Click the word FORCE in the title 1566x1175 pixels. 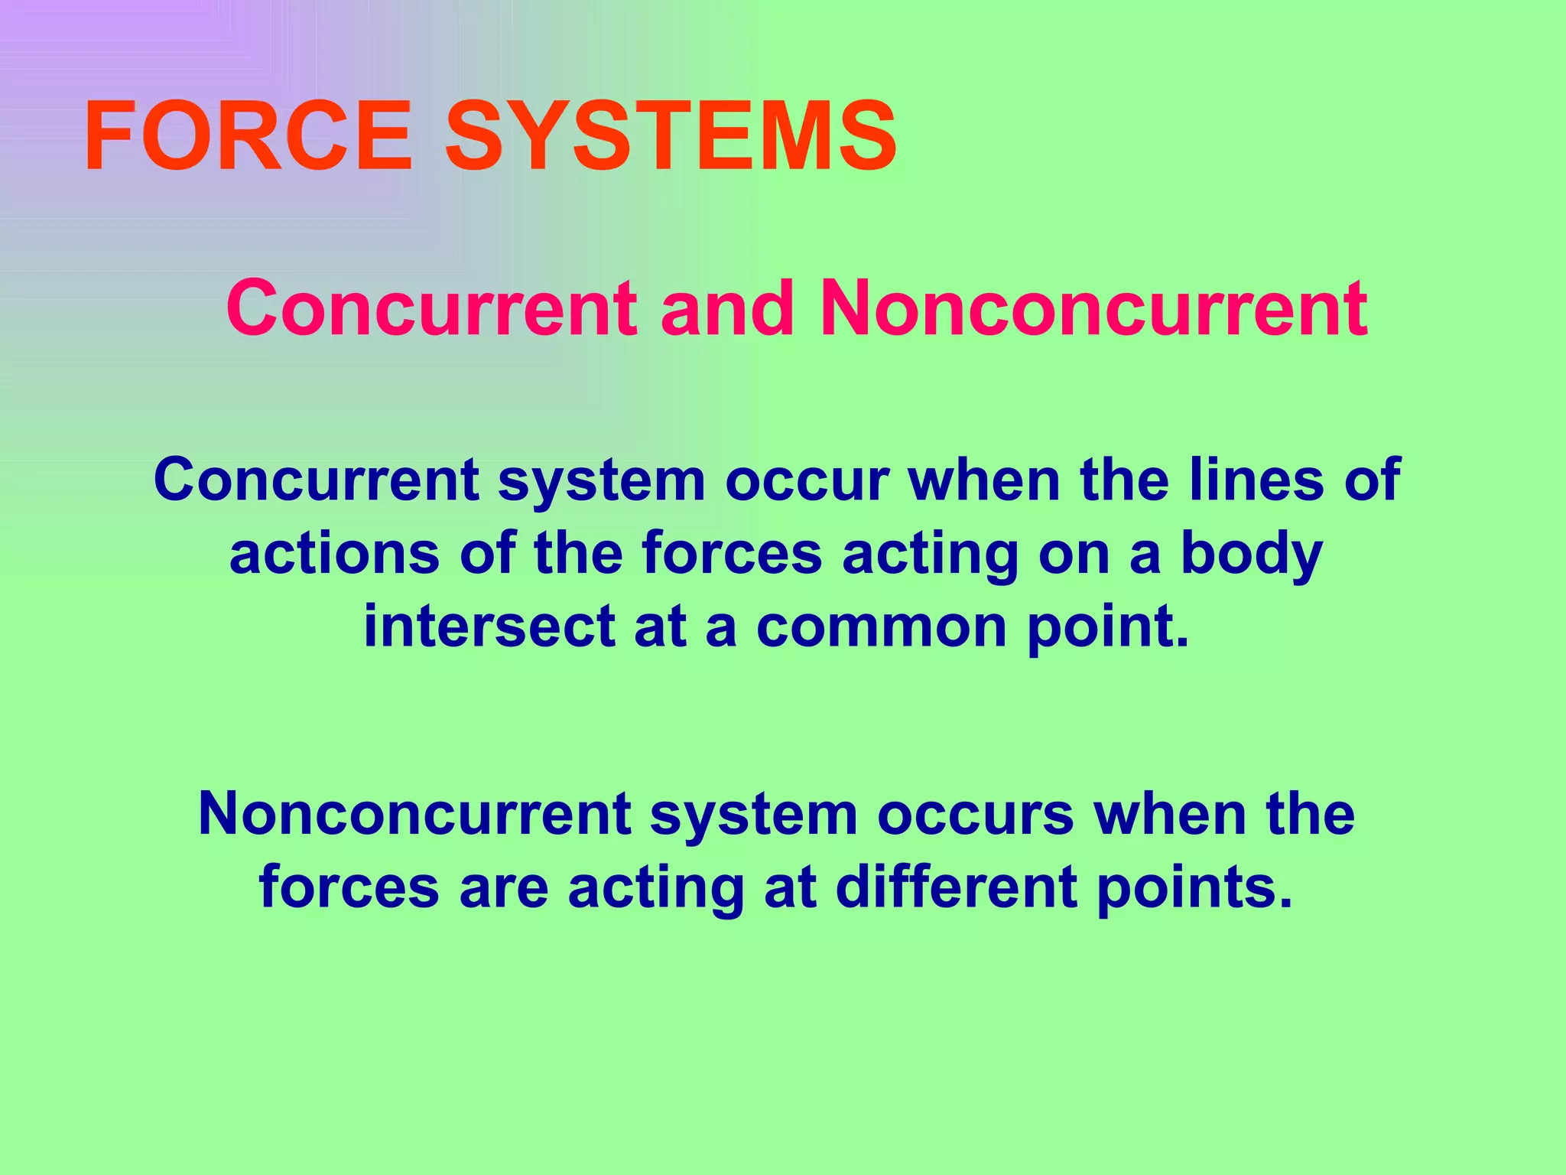pos(249,138)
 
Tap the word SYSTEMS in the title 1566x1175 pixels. pos(671,138)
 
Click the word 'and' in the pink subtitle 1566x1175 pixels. pos(727,308)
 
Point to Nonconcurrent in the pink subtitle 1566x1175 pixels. pos(1093,308)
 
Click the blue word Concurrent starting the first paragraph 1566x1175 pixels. pos(317,480)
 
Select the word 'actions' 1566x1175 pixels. pos(334,553)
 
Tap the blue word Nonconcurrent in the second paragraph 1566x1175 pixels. pos(414,814)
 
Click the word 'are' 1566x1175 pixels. pos(504,887)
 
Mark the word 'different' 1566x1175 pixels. pos(957,887)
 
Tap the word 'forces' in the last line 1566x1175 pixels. pos(349,887)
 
